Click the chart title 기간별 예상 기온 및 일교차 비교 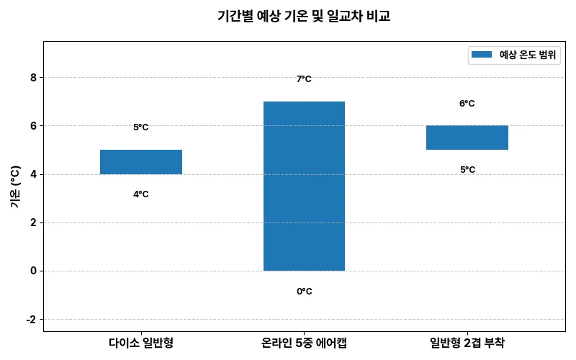[x=303, y=16]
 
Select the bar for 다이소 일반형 [x=141, y=162]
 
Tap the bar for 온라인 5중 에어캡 [x=304, y=186]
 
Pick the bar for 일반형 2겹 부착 [x=467, y=138]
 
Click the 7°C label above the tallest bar [x=304, y=79]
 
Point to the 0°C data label [x=304, y=292]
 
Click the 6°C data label [x=467, y=104]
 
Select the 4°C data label [x=141, y=194]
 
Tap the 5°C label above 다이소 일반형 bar [x=141, y=127]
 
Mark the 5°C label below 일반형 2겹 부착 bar [x=467, y=170]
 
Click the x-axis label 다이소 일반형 [x=141, y=343]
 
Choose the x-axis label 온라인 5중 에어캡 [x=304, y=343]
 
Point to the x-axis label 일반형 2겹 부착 [x=467, y=343]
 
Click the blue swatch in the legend [x=481, y=55]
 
